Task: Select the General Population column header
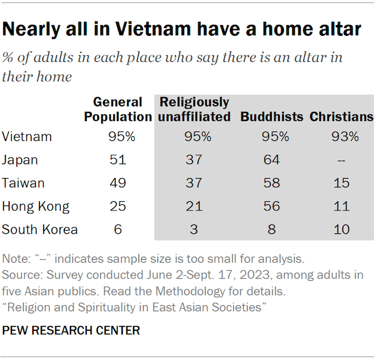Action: (117, 109)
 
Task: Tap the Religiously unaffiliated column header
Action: (195, 109)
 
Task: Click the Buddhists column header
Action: (272, 117)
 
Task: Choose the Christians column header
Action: (341, 117)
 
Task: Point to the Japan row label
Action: (21, 160)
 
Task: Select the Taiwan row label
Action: (23, 183)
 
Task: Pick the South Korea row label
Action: (40, 229)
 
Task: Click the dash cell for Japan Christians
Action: (342, 160)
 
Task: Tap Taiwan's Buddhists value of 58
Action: (272, 183)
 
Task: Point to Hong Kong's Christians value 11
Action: (342, 206)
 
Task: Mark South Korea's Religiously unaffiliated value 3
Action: (195, 229)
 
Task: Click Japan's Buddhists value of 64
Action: (272, 160)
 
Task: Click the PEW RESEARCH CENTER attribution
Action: (71, 331)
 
